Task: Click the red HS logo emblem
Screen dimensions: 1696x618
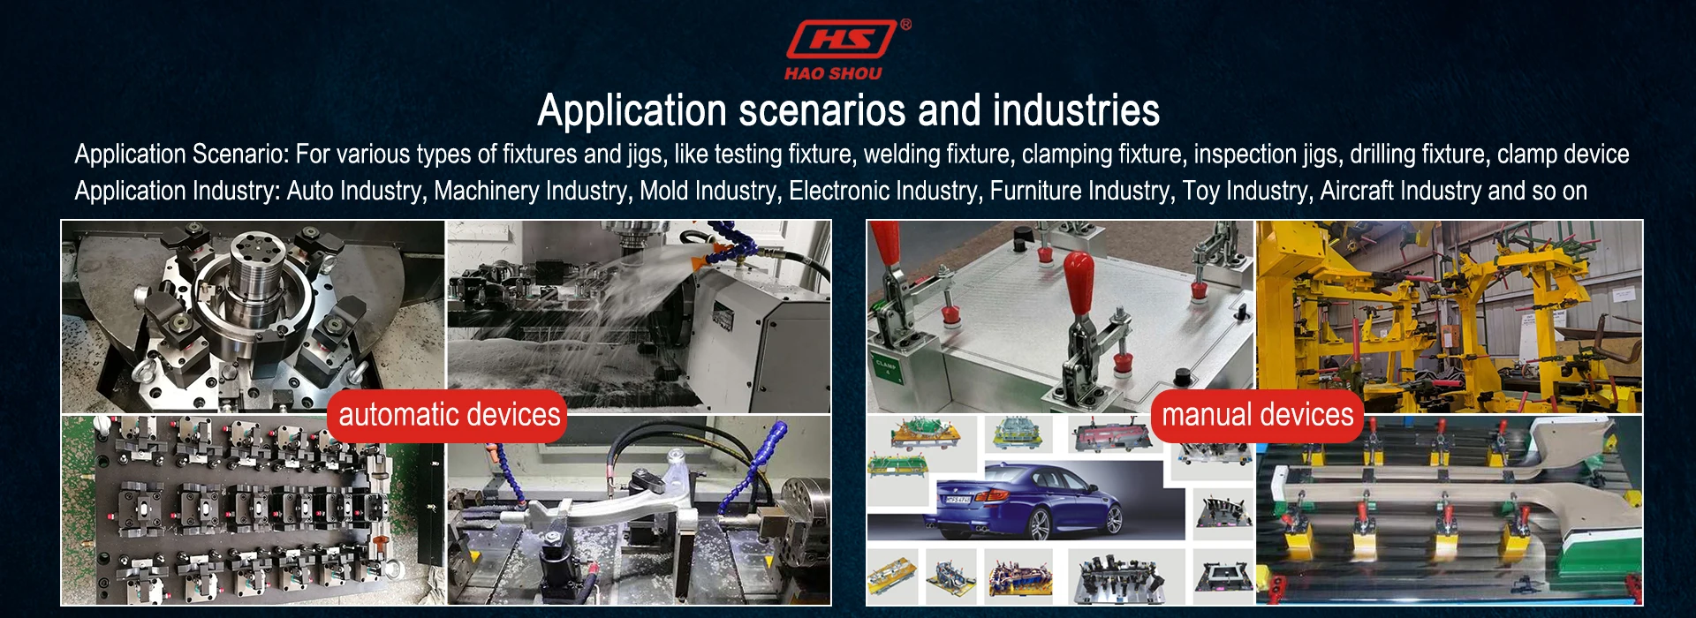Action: pyautogui.click(x=841, y=40)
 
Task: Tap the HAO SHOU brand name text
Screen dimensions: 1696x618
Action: pyautogui.click(x=833, y=74)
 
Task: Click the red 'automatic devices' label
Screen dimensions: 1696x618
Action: pyautogui.click(x=449, y=415)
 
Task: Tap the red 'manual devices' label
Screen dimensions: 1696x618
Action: pyautogui.click(x=1257, y=415)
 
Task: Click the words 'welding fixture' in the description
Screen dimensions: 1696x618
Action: pyautogui.click(x=936, y=154)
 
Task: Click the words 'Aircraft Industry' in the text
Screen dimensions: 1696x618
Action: pyautogui.click(x=1400, y=191)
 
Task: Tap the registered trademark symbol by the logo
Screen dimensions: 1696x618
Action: pyautogui.click(x=905, y=25)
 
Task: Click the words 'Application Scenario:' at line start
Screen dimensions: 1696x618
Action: pyautogui.click(x=182, y=154)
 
